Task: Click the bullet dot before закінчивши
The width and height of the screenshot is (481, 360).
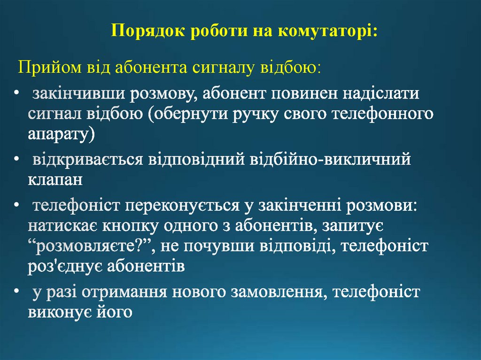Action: pos(17,93)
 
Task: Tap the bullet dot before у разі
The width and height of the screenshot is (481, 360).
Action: pos(17,291)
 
